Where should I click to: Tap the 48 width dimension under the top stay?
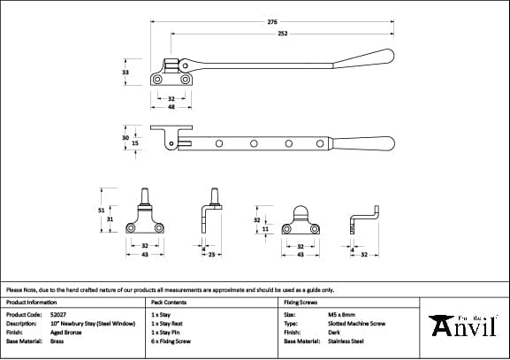click(x=171, y=105)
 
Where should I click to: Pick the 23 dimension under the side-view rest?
click(x=213, y=255)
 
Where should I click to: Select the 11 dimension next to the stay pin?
click(x=264, y=228)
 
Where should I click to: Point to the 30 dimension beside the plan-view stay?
click(x=126, y=137)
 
